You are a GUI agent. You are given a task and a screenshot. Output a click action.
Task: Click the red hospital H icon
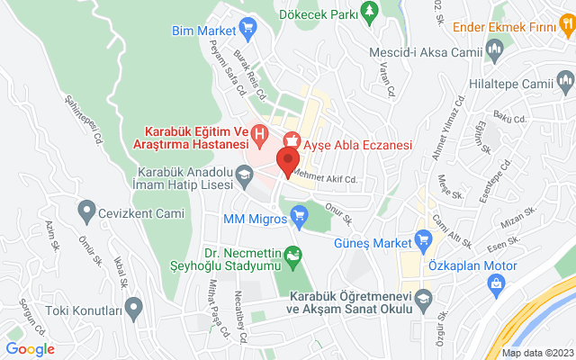point(260,136)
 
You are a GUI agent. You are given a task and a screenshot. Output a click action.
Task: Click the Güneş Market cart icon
point(424,239)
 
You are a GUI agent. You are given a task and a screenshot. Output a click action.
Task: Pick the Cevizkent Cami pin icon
point(87,213)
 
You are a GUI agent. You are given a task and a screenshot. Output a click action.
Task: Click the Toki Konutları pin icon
point(134,310)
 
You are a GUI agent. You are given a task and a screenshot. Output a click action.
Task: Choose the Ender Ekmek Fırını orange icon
point(493,47)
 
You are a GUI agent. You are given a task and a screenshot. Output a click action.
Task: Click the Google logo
point(30,349)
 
